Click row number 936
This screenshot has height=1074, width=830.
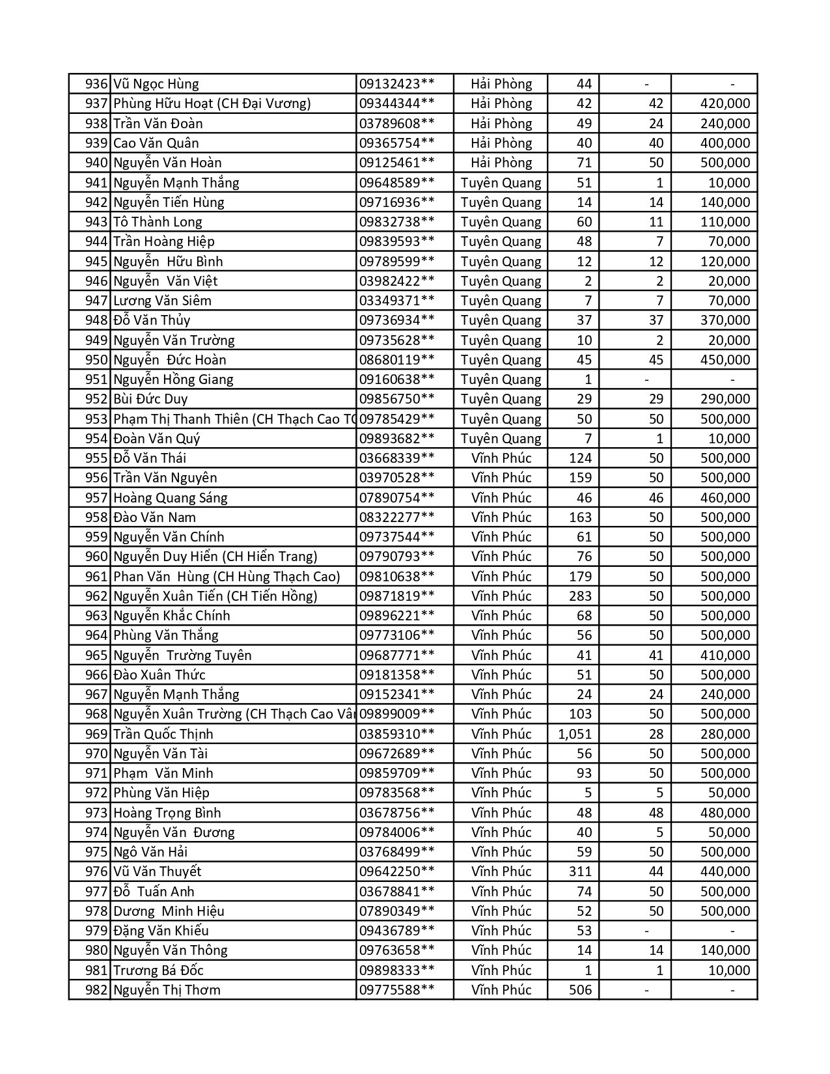[x=96, y=84]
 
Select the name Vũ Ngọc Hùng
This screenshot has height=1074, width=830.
[x=156, y=84]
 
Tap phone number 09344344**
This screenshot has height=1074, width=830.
[x=396, y=103]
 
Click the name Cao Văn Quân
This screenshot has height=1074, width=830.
[x=156, y=143]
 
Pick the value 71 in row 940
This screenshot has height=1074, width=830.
[x=584, y=163]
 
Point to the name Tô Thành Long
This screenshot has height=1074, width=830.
[x=158, y=222]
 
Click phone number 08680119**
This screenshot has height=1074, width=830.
[x=396, y=360]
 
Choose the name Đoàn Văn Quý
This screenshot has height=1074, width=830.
[x=156, y=439]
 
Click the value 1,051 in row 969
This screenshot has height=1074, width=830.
[x=575, y=734]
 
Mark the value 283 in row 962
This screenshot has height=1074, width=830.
[x=580, y=596]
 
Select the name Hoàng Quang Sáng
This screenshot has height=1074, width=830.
[x=171, y=498]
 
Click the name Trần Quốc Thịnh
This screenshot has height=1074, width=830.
[x=163, y=734]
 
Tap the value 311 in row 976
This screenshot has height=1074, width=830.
[x=580, y=872]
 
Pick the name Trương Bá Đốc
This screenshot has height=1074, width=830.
[x=158, y=971]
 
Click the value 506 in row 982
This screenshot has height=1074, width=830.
[x=580, y=990]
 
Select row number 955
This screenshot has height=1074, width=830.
[x=96, y=458]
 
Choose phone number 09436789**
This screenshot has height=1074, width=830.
[x=396, y=931]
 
